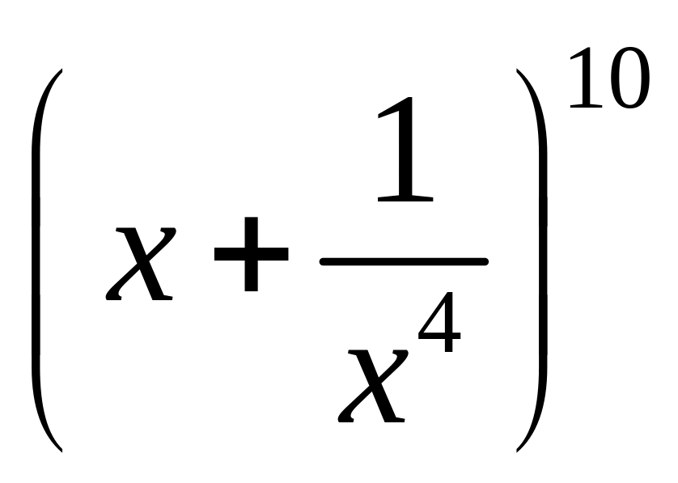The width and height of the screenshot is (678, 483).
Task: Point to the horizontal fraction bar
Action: (x=404, y=261)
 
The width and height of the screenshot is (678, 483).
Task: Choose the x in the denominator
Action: (x=372, y=383)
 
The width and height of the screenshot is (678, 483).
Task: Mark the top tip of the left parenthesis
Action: (x=61, y=71)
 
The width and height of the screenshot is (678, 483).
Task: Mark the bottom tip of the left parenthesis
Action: (x=61, y=449)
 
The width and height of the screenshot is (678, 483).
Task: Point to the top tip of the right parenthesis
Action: (x=516, y=71)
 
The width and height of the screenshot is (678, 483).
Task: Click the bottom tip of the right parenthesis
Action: (x=516, y=449)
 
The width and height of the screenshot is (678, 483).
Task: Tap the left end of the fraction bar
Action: (x=322, y=261)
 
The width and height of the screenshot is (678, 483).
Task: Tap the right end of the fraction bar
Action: (x=486, y=261)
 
